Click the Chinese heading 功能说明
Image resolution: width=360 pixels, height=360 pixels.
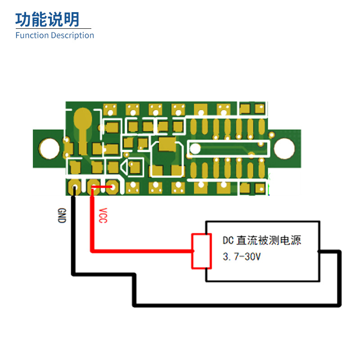[47, 19]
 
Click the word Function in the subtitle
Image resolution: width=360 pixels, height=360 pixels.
[32, 36]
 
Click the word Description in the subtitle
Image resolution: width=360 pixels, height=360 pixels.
[72, 36]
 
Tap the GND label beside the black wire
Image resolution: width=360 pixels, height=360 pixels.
[62, 216]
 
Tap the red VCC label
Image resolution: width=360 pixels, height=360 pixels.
[103, 216]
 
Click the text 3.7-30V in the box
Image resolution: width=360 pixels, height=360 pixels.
[242, 257]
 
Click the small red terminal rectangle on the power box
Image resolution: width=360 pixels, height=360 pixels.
[200, 251]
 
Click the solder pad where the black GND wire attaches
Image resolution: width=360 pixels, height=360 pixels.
[74, 186]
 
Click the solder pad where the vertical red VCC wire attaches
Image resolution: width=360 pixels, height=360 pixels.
[93, 186]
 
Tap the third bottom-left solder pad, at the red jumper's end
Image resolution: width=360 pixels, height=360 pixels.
[112, 186]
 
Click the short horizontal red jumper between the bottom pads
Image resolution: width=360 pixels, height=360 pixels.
[103, 187]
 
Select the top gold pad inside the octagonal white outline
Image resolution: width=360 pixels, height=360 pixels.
[166, 144]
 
